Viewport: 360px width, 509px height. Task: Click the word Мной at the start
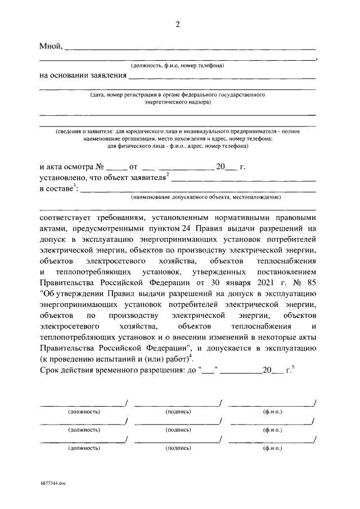click(x=51, y=46)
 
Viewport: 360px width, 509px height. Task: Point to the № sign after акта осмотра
click(x=100, y=168)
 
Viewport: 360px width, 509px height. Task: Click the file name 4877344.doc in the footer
click(x=53, y=483)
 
